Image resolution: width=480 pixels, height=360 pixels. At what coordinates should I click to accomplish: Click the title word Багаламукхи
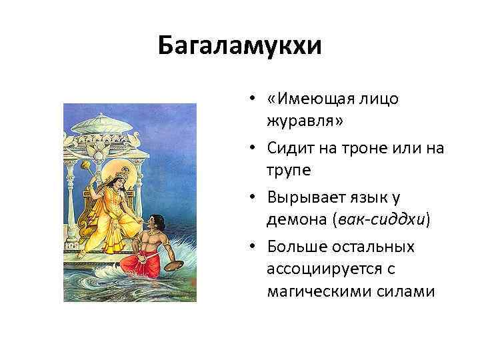(240, 47)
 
